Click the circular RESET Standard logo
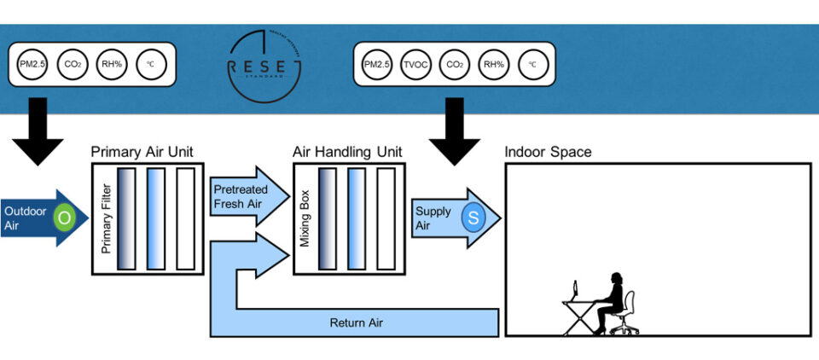[264, 66]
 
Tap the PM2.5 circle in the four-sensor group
[32, 65]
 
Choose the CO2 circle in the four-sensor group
[72, 65]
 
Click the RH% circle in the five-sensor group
[492, 65]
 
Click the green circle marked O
[63, 217]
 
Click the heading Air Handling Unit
[348, 153]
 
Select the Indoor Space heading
[548, 153]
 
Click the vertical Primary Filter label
[106, 221]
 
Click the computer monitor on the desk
[576, 292]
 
